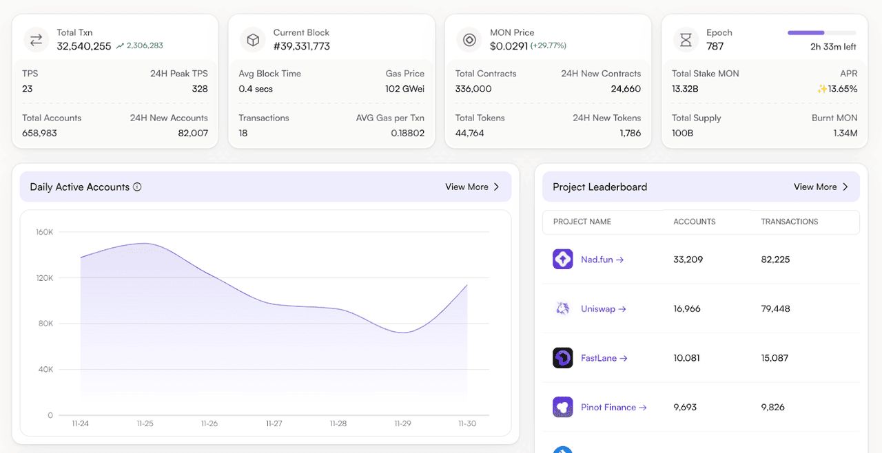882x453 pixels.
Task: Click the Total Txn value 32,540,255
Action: click(x=84, y=46)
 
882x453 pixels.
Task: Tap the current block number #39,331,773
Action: click(x=302, y=46)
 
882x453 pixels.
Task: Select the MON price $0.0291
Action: click(x=509, y=46)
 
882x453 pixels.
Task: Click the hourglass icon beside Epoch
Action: click(x=686, y=40)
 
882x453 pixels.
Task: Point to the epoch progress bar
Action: click(x=821, y=32)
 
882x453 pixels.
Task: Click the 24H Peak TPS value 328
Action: click(x=200, y=89)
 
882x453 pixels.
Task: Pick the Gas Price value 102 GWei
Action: click(x=404, y=89)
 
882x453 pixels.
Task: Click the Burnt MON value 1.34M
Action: click(x=845, y=133)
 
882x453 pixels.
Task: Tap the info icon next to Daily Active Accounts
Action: click(x=137, y=187)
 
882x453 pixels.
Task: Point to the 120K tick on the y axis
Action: click(x=45, y=278)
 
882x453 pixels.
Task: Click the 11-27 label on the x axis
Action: click(x=274, y=423)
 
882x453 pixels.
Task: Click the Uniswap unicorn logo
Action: click(x=563, y=308)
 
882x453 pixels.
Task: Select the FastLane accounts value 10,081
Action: click(x=687, y=358)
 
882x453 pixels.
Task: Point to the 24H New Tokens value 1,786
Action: click(x=630, y=133)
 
